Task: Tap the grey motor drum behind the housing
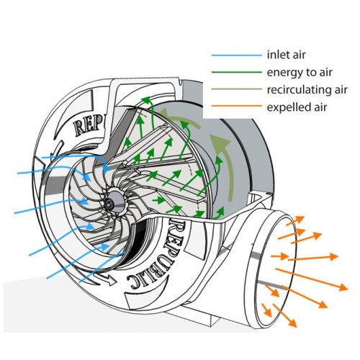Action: (238, 166)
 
